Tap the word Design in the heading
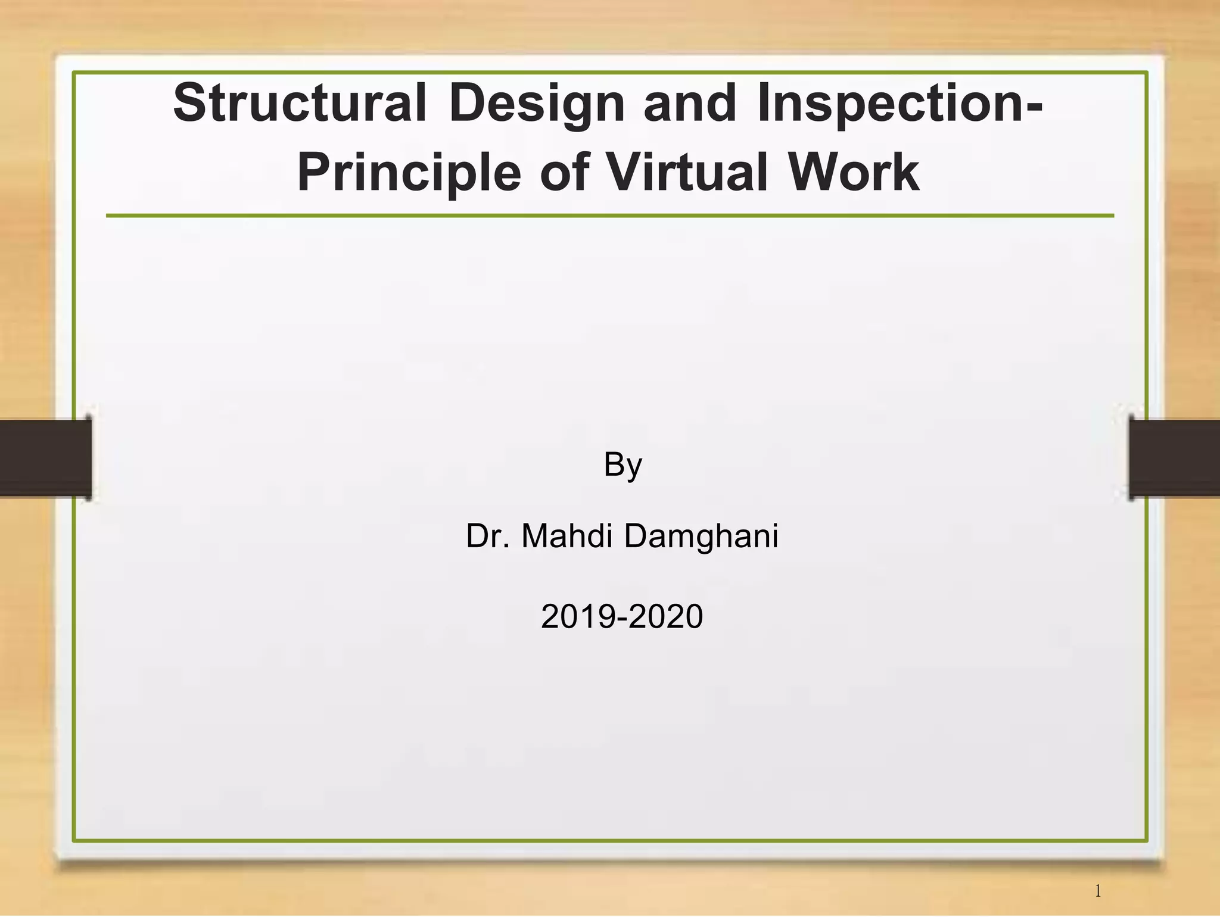[x=537, y=104]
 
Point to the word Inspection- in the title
[x=900, y=104]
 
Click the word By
[x=623, y=465]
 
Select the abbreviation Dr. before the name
[x=488, y=535]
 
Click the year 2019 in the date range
[x=578, y=616]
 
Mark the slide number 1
[x=1098, y=891]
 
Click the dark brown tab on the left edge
[x=45, y=458]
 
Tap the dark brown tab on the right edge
[x=1174, y=458]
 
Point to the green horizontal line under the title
[x=610, y=216]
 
